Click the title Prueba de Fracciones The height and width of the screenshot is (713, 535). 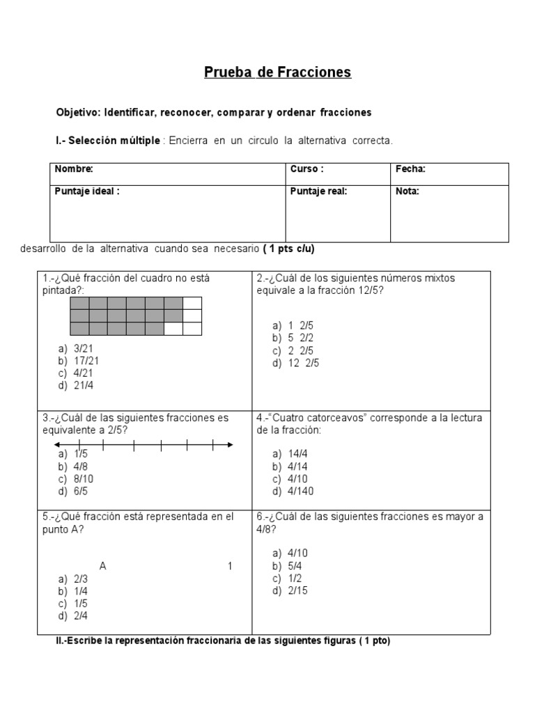[x=277, y=72]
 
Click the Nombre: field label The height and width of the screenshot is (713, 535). [x=74, y=169]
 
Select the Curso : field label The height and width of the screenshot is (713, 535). [x=307, y=169]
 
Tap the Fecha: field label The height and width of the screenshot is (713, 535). [x=410, y=169]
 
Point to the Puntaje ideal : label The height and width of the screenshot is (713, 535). [x=87, y=191]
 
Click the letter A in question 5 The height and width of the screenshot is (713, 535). [x=103, y=566]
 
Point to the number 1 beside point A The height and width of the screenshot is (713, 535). [x=230, y=566]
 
